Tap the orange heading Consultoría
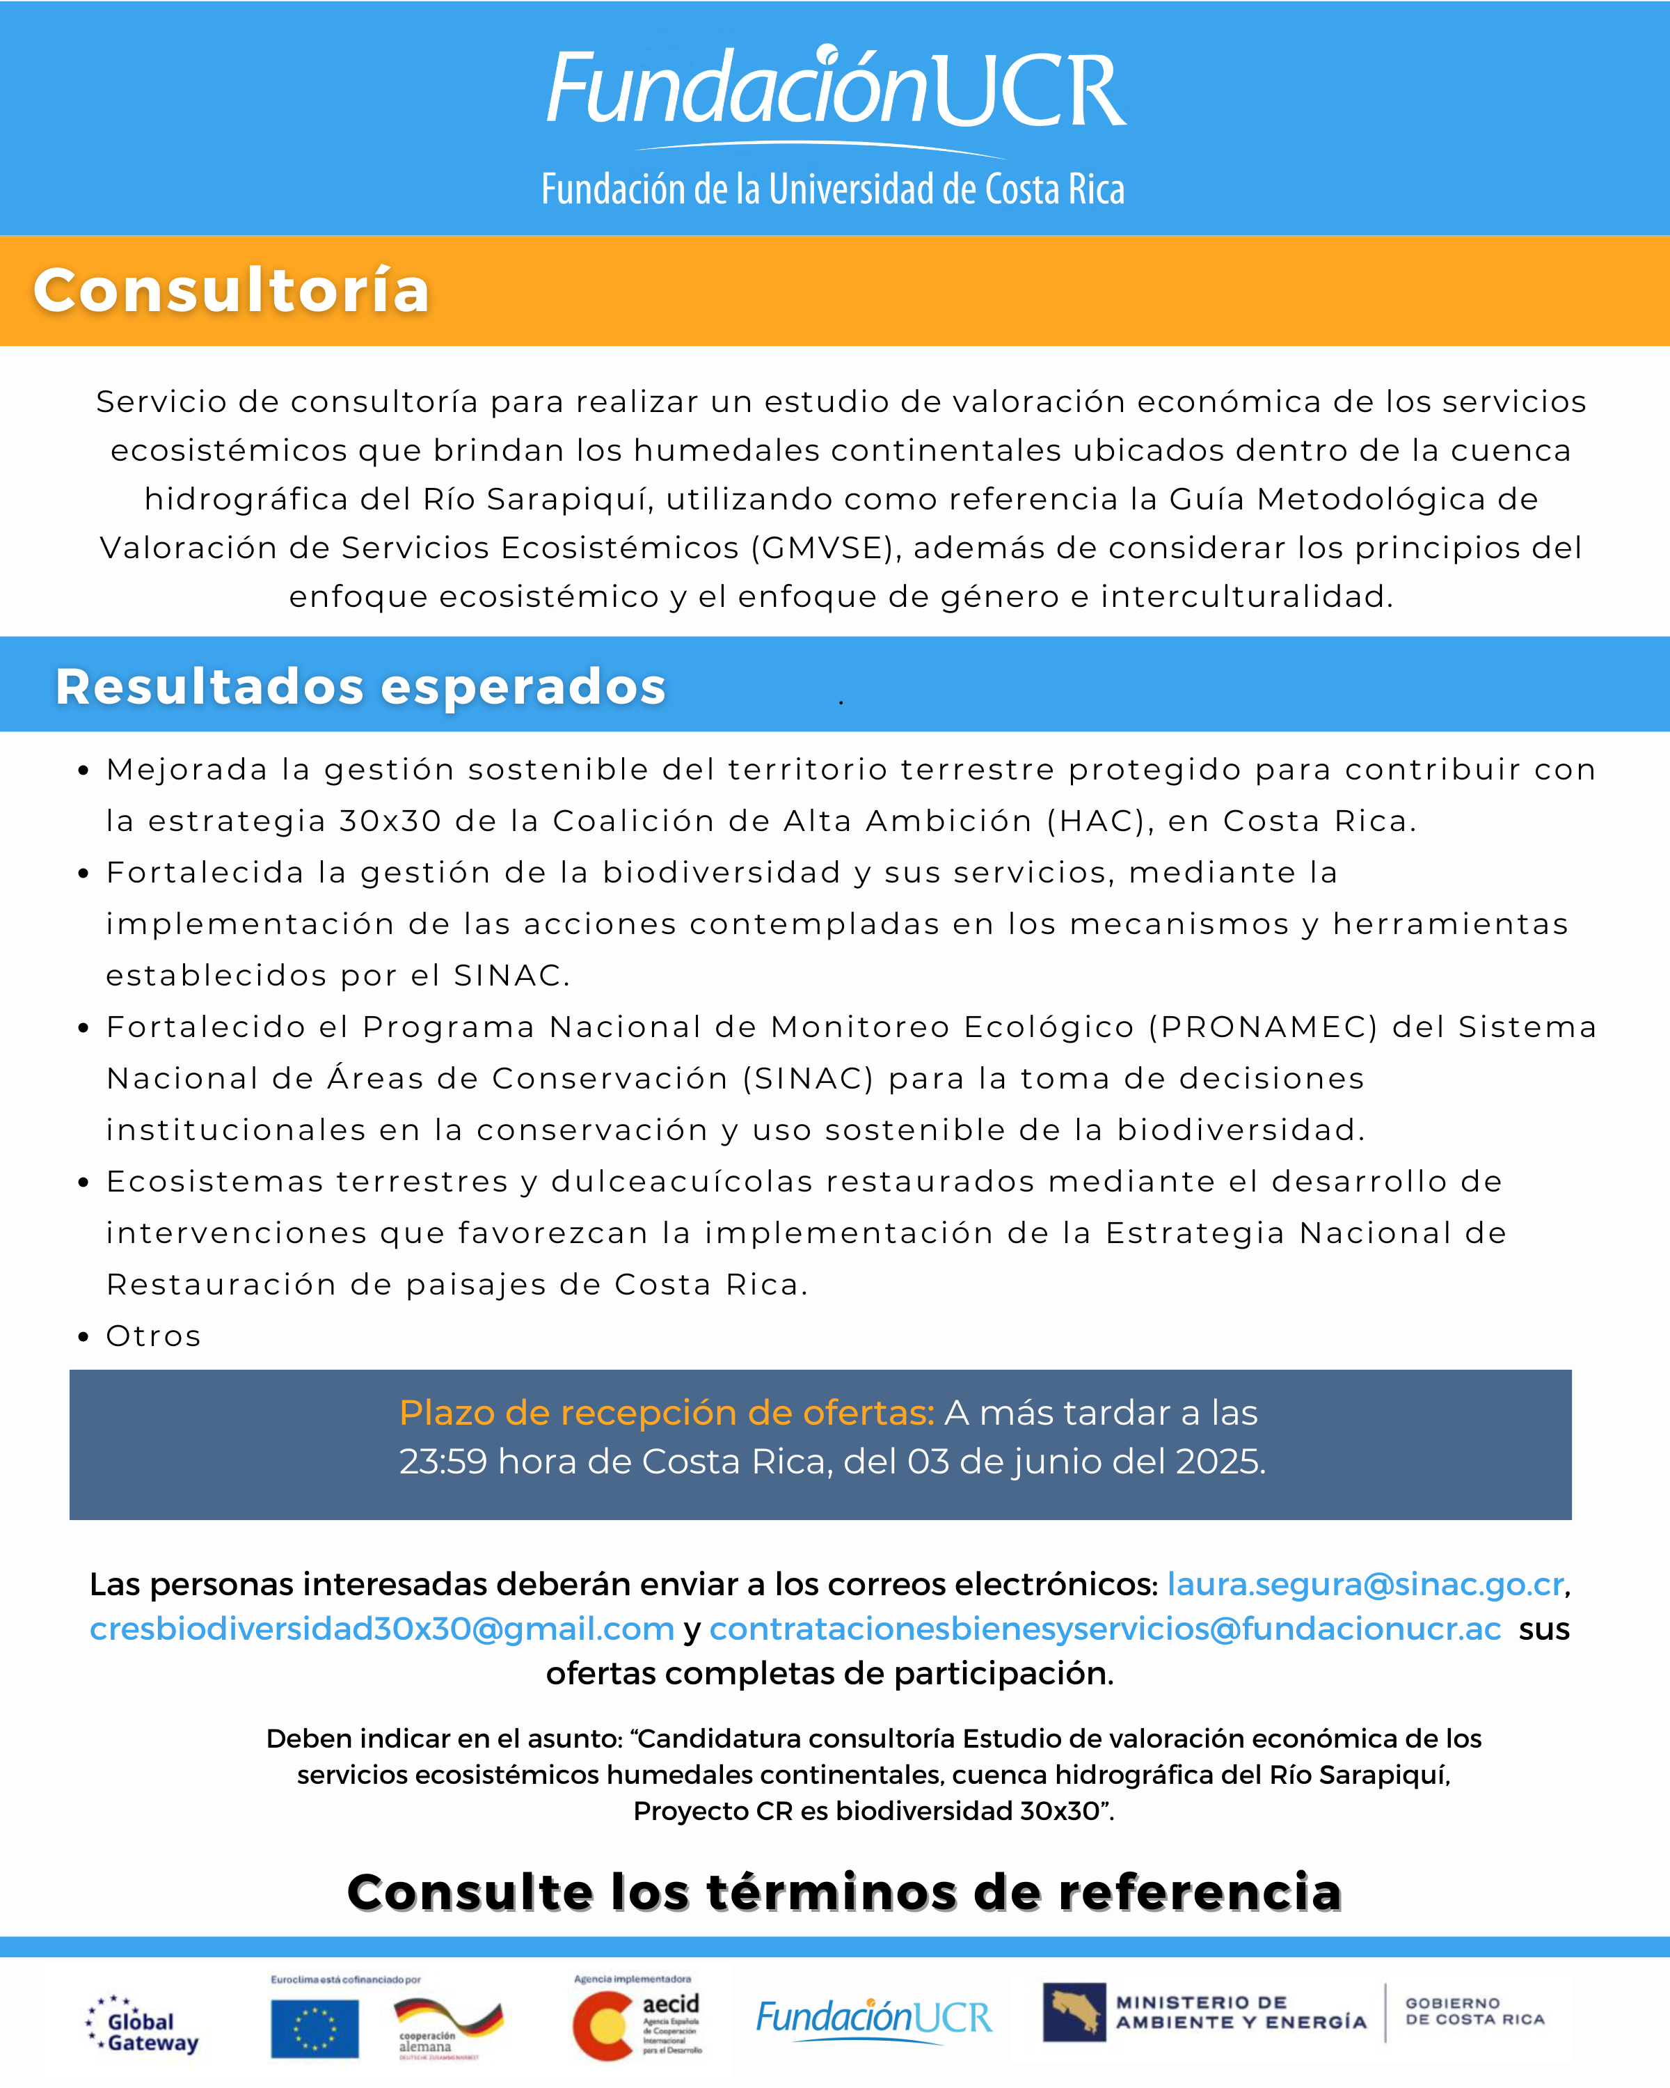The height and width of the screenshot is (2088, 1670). tap(232, 290)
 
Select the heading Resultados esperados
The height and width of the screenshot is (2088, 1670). tap(360, 687)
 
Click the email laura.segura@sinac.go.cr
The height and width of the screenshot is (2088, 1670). tap(1365, 1583)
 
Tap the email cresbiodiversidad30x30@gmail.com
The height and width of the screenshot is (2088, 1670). tap(381, 1628)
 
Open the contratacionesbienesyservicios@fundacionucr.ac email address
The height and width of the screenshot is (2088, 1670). tap(1104, 1628)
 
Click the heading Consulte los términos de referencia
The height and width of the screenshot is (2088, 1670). tap(844, 1892)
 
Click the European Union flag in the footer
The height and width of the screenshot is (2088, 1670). tap(315, 2029)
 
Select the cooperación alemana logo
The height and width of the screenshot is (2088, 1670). tap(447, 2028)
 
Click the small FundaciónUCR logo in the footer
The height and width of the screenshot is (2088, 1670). tap(873, 2018)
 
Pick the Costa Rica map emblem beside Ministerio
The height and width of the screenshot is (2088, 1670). tap(1074, 2012)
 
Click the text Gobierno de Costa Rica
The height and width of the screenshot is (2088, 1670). tap(1474, 2011)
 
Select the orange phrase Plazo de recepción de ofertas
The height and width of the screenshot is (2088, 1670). tap(666, 1413)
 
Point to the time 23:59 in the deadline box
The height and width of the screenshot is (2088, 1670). tap(443, 1462)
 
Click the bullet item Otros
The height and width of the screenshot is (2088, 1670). tap(153, 1336)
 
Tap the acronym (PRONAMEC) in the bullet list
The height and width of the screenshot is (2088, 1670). tap(1262, 1027)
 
